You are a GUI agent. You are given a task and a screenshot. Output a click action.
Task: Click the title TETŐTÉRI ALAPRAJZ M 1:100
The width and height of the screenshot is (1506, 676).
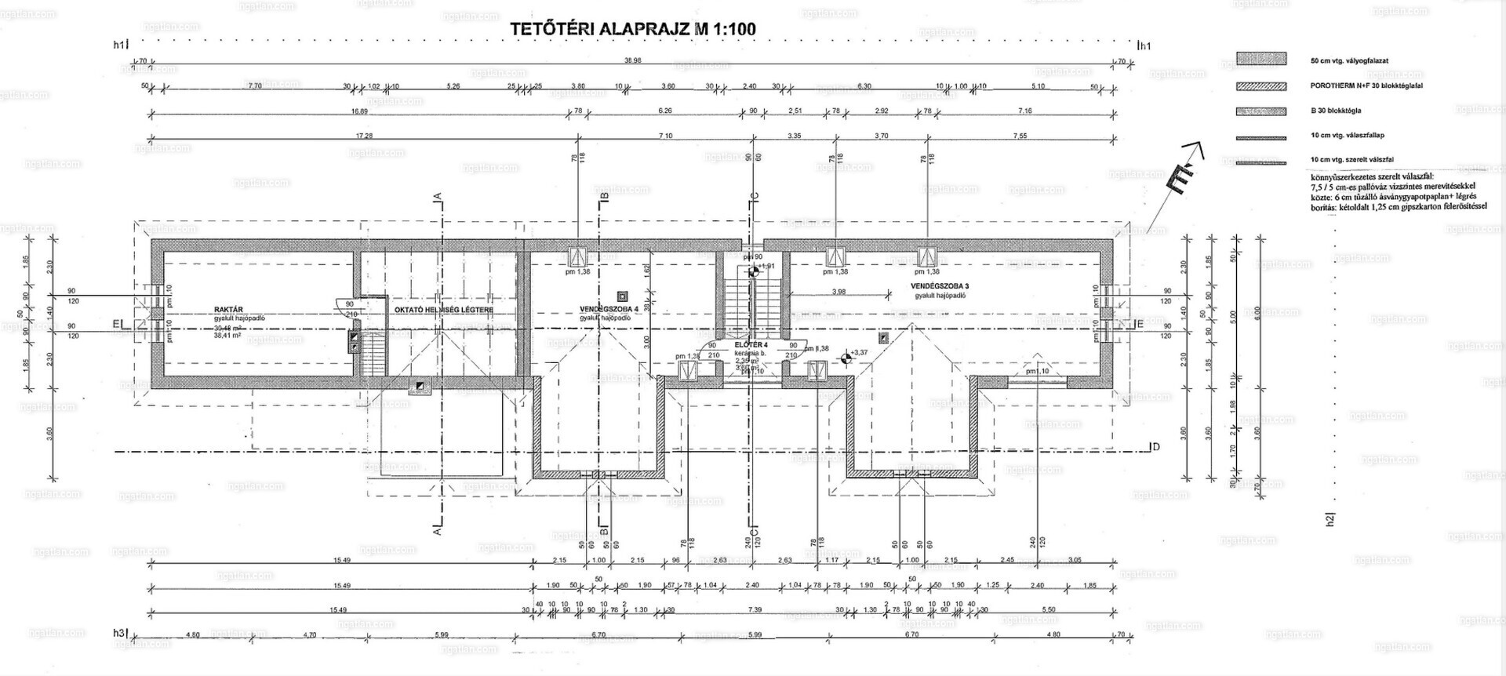(633, 29)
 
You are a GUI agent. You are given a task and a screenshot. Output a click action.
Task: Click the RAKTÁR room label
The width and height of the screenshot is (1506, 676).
(227, 310)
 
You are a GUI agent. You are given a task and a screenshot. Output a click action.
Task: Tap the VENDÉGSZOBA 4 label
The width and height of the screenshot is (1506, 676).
(608, 309)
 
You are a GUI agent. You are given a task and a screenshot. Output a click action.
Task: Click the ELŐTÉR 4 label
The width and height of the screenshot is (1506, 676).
(751, 344)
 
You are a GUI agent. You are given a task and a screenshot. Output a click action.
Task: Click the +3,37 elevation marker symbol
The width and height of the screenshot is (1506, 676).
(846, 358)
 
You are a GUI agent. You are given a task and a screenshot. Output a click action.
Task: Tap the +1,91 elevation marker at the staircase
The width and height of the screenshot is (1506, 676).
(753, 272)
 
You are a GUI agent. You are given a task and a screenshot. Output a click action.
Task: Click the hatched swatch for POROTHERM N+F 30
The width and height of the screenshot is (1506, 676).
(1261, 86)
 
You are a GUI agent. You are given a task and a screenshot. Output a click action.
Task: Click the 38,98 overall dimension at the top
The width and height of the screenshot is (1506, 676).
(633, 60)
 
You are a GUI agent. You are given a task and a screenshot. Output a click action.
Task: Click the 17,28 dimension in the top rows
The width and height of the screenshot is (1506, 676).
(364, 136)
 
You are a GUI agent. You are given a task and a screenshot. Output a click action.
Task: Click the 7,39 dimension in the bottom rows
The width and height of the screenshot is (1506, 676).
(755, 609)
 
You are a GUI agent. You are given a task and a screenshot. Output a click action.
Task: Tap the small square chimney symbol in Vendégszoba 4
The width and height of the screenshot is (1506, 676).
(623, 296)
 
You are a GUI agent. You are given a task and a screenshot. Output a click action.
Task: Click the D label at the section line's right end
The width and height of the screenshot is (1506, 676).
(1155, 447)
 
